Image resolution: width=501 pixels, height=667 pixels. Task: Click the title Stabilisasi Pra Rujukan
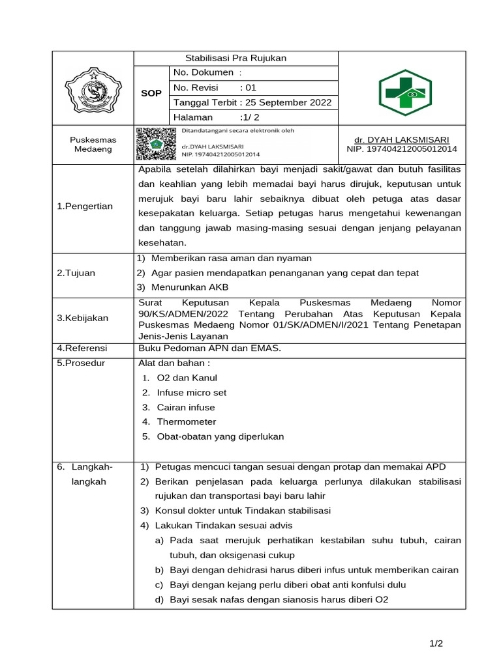[236, 59]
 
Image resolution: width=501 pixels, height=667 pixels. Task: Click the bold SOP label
[151, 94]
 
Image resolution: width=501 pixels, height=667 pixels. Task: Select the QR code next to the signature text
[156, 144]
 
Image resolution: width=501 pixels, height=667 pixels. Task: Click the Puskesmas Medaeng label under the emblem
[93, 145]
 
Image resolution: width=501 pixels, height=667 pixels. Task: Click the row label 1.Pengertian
[85, 206]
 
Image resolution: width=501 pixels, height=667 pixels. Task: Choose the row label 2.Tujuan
[76, 273]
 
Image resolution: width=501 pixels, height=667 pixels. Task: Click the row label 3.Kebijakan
[82, 318]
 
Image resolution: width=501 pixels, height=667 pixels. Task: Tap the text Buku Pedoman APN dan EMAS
[210, 348]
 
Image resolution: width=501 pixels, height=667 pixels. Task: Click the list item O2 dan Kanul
[187, 378]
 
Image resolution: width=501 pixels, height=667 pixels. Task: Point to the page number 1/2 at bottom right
[436, 644]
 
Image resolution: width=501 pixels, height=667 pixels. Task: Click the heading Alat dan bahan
[175, 363]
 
